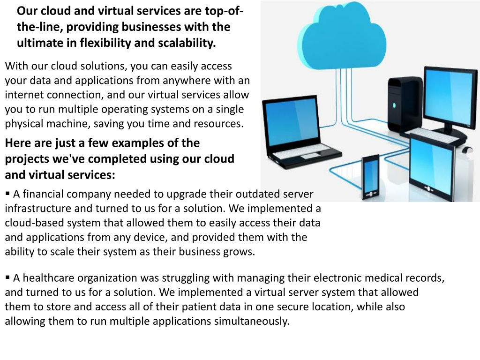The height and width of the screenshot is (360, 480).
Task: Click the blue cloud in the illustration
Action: coord(342,37)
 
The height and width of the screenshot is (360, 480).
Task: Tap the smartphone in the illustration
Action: coord(370,178)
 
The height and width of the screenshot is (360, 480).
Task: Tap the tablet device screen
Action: coord(431,165)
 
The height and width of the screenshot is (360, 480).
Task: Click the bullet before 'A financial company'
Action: coord(7,193)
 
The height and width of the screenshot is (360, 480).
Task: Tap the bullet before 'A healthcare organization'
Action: coord(7,277)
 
